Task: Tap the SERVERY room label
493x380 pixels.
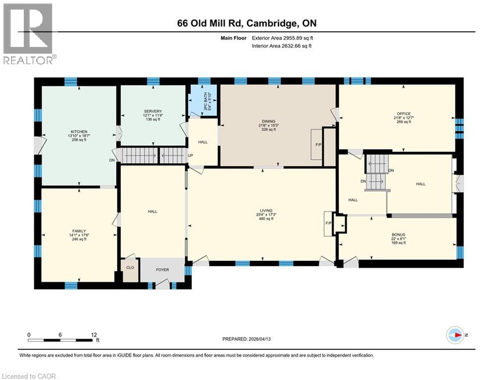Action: click(x=153, y=111)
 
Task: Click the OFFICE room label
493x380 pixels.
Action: click(x=404, y=114)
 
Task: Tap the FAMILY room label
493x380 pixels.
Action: click(x=79, y=231)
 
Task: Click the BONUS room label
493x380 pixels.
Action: click(x=398, y=235)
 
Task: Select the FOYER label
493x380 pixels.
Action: click(x=162, y=270)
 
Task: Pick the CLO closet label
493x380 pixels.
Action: click(x=130, y=268)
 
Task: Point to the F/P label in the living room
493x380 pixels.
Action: click(x=328, y=223)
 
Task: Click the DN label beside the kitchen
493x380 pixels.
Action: click(x=111, y=160)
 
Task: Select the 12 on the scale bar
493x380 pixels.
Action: click(x=94, y=334)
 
